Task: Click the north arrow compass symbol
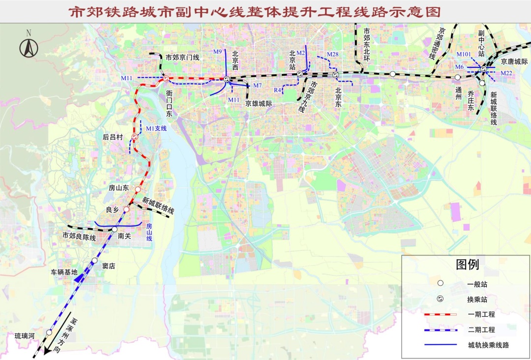(29, 48)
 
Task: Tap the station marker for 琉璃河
(49, 333)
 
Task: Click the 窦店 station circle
(94, 260)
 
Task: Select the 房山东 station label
(118, 188)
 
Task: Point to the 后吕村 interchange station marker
(135, 137)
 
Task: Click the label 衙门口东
(169, 103)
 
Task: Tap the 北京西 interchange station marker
(226, 79)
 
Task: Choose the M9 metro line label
(218, 51)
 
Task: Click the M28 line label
(332, 54)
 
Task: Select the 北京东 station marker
(335, 75)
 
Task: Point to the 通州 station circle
(457, 77)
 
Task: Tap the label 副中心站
(482, 43)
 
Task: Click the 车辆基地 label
(64, 271)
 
